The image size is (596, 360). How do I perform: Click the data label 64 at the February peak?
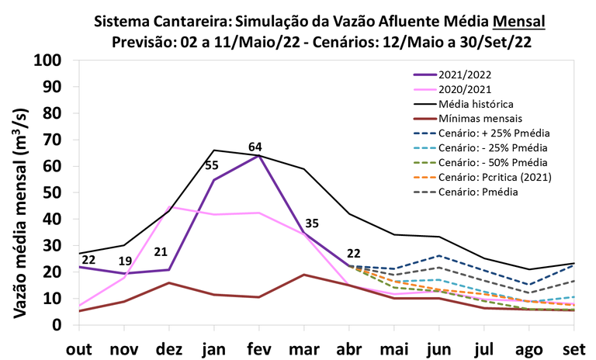click(x=255, y=147)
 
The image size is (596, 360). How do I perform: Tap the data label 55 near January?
click(x=212, y=165)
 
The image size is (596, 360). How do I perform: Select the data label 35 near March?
click(x=312, y=223)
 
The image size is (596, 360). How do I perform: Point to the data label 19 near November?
click(x=125, y=261)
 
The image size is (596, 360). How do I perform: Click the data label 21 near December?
click(x=161, y=252)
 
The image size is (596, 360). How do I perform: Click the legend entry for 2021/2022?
click(x=452, y=74)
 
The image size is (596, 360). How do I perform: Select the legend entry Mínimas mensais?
click(x=468, y=119)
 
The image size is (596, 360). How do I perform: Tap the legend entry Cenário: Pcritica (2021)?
click(x=483, y=177)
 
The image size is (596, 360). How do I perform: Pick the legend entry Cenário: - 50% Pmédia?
click(x=480, y=163)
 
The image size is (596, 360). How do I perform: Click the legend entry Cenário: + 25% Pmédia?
click(x=482, y=133)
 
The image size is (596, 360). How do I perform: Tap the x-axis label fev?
click(x=259, y=349)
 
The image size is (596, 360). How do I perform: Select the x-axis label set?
click(x=574, y=349)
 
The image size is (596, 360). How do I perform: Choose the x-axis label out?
click(x=79, y=349)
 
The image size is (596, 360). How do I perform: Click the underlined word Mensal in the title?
click(x=519, y=22)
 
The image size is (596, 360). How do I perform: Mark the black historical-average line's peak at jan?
click(x=214, y=151)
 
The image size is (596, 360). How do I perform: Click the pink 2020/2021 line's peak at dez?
click(x=169, y=207)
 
